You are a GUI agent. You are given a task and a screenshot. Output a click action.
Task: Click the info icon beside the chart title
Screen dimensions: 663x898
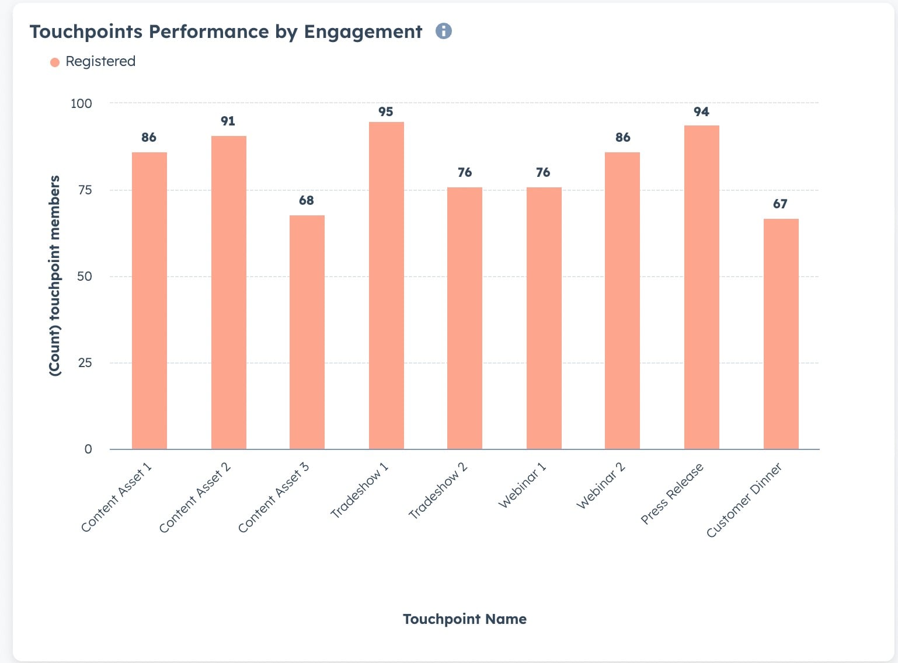(444, 31)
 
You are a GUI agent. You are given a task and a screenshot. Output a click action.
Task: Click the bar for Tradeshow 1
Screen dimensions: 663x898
(386, 285)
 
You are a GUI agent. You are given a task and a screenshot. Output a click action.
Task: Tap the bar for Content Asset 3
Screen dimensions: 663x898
(307, 332)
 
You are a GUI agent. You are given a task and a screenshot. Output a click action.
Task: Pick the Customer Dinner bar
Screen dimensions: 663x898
(781, 334)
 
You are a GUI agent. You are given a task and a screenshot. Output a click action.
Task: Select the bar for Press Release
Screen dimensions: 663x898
(701, 287)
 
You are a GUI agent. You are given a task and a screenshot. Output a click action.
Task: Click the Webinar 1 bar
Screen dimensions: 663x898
(544, 318)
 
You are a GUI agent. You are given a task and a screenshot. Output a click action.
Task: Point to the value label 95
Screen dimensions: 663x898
(385, 111)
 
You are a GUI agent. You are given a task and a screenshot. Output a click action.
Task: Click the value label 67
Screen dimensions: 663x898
(780, 204)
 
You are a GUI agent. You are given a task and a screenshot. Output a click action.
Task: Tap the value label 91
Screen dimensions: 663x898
(228, 121)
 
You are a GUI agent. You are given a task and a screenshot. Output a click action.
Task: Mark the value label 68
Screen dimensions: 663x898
(306, 200)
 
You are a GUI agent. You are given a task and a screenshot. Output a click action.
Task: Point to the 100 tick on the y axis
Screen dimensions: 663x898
(81, 103)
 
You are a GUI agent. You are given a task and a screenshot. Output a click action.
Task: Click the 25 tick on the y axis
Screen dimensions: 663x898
(85, 363)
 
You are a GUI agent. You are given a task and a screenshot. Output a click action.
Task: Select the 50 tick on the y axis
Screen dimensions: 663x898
(85, 277)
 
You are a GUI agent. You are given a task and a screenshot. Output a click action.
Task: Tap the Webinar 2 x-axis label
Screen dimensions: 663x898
(601, 485)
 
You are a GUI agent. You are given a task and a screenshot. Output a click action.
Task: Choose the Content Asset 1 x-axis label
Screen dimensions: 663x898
(116, 497)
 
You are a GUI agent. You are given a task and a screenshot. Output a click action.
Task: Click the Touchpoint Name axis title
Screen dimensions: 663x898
(464, 619)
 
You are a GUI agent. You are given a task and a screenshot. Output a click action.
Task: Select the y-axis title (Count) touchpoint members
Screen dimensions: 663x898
(54, 275)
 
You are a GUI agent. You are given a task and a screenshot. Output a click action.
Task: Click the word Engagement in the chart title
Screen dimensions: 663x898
(363, 32)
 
